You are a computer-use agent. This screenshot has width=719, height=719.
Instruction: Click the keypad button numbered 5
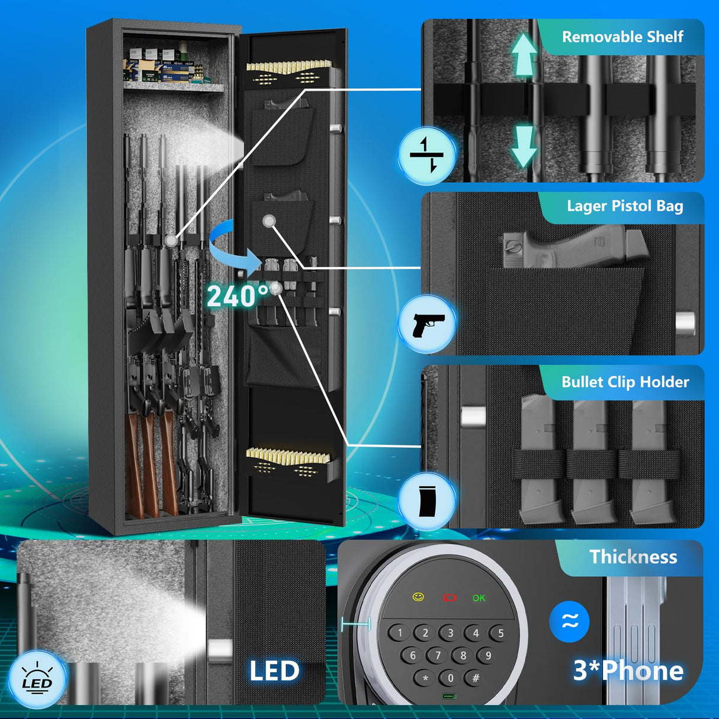coord(500,634)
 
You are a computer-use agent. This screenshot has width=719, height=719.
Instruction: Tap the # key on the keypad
coord(475,678)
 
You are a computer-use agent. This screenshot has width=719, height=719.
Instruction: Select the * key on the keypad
coord(425,678)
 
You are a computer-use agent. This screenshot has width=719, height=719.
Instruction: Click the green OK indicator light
coord(479,598)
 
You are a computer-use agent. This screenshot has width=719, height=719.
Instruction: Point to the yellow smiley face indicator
coord(418,597)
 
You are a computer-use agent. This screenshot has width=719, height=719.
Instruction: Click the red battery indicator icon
coord(450,598)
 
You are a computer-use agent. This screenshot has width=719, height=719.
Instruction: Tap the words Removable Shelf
coord(622,37)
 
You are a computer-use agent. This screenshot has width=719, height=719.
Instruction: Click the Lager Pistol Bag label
coord(625,206)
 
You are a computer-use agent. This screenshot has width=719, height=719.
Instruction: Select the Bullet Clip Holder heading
coord(625,382)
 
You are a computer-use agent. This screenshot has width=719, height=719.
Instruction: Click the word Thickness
coord(633,557)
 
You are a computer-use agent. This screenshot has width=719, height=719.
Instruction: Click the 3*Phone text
coord(628,670)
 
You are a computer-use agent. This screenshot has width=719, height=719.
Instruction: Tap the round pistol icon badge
coord(426,324)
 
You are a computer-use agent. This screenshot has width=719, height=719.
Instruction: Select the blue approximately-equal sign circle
coord(569,621)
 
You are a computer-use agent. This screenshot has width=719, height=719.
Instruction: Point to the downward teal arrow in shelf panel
coord(524,146)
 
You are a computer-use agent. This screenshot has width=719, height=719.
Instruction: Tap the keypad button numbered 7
coord(438,656)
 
